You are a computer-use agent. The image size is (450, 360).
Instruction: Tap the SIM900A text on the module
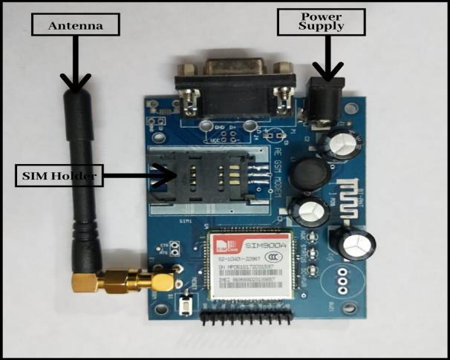[265, 244]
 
